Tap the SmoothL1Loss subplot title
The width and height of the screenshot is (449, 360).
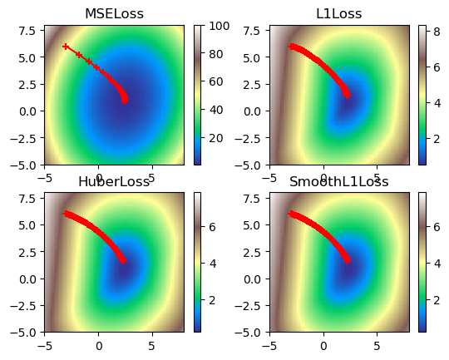(x=338, y=181)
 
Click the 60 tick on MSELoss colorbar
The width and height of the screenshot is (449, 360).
(x=211, y=81)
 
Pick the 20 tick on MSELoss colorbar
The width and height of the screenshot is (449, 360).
(x=211, y=138)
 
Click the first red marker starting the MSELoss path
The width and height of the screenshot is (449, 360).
(x=66, y=47)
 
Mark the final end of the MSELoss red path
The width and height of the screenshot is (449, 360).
(x=125, y=101)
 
